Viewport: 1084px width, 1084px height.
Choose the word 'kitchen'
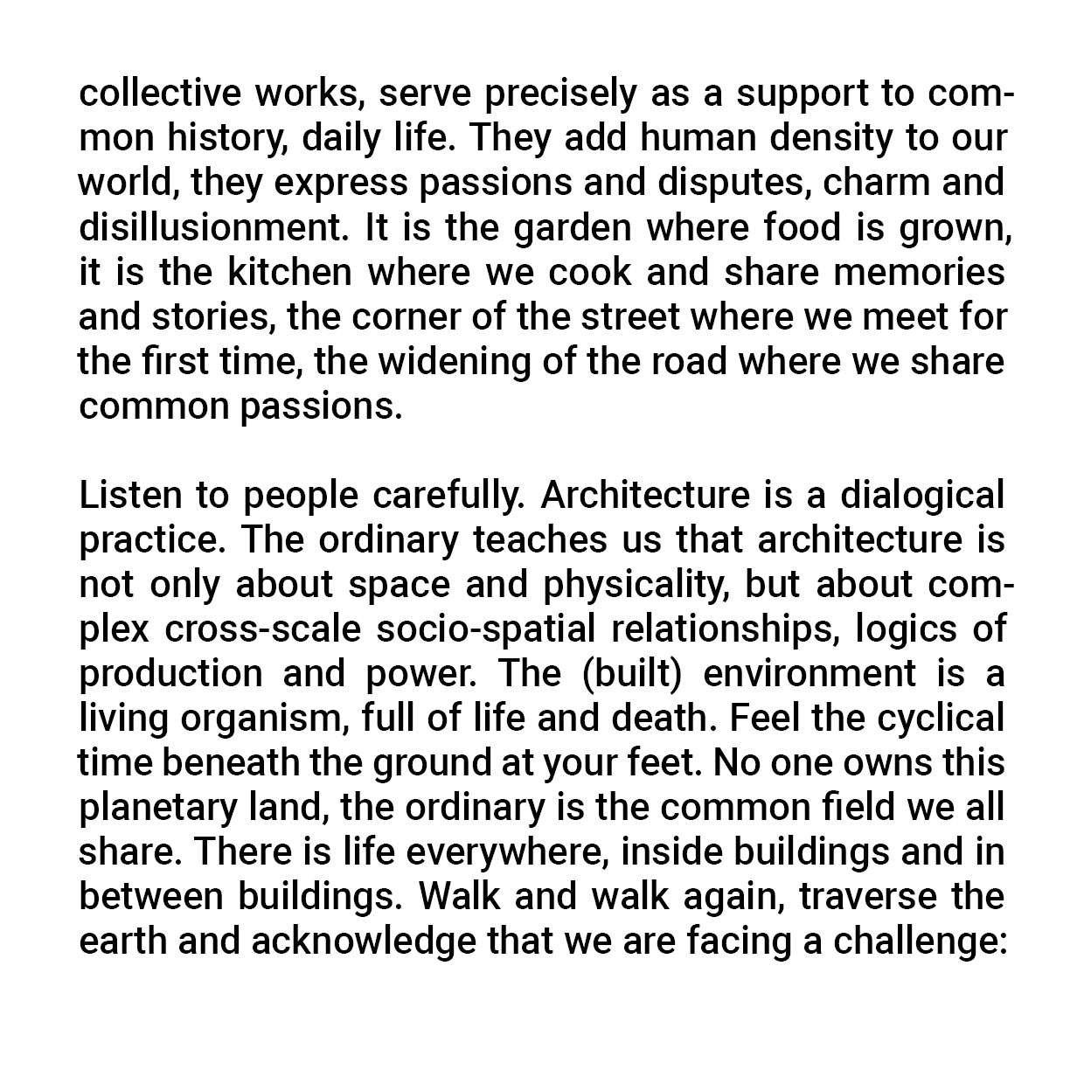pyautogui.click(x=289, y=272)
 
